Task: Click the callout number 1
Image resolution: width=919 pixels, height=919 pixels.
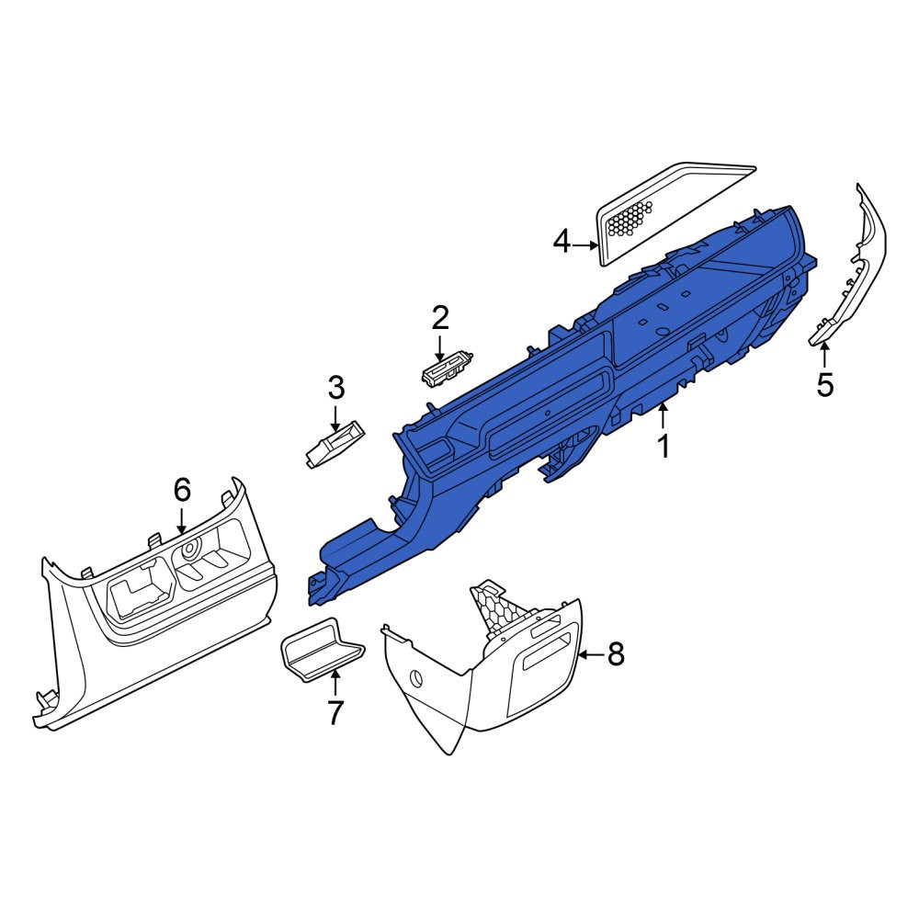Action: pyautogui.click(x=664, y=447)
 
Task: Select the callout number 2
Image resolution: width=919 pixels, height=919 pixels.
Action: pyautogui.click(x=440, y=317)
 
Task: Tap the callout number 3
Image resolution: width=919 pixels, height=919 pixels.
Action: pyautogui.click(x=335, y=388)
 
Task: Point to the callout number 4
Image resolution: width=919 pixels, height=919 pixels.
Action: pyautogui.click(x=562, y=241)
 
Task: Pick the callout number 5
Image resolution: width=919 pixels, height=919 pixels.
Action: pyautogui.click(x=824, y=385)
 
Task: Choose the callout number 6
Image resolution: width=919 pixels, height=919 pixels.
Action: pyautogui.click(x=182, y=489)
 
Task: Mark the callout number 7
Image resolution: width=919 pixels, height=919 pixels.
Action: pyautogui.click(x=335, y=713)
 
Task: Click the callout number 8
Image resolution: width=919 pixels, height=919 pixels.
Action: pyautogui.click(x=616, y=653)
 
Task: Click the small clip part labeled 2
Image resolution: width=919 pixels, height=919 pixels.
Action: pyautogui.click(x=448, y=368)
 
